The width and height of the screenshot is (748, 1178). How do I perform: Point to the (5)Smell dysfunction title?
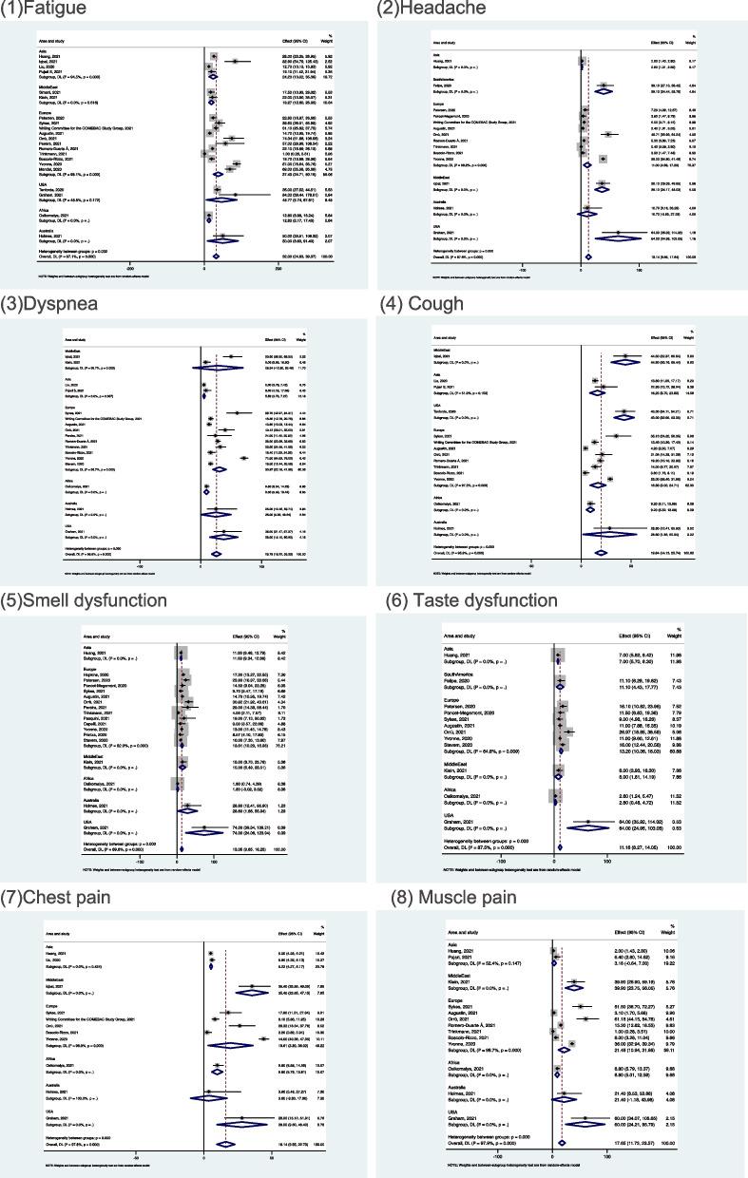[x=86, y=599]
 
